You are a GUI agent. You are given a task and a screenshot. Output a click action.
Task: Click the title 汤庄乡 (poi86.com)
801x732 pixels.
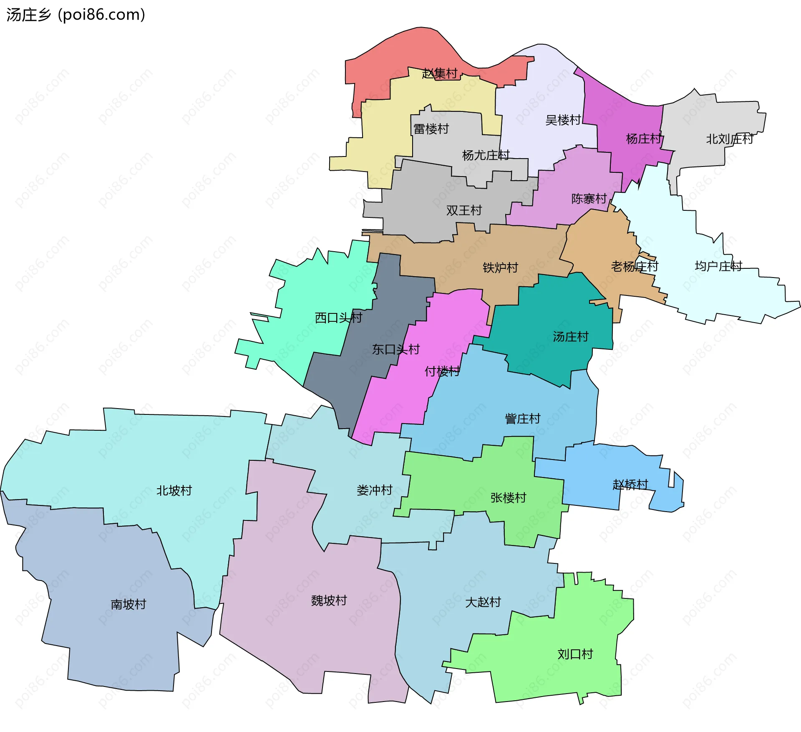[x=76, y=15]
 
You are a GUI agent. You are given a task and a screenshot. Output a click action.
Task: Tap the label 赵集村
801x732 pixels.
[x=440, y=73]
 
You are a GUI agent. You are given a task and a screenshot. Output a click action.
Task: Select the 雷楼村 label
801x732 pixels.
[x=431, y=129]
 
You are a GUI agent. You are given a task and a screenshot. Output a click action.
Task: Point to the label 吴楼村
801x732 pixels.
[x=563, y=120]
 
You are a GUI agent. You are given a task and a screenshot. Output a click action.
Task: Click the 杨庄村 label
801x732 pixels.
[x=644, y=139]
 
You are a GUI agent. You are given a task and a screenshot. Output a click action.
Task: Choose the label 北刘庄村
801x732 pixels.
[x=729, y=139]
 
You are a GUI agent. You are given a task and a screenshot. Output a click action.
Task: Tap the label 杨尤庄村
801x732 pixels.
[x=486, y=155]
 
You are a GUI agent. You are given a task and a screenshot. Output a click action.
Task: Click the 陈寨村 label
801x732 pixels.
[x=589, y=199]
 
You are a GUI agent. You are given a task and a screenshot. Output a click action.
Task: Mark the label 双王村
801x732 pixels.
[x=464, y=210]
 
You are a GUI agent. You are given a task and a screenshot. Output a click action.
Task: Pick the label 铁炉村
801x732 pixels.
[x=500, y=268]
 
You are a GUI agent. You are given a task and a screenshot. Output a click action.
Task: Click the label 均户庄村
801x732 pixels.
[x=718, y=266]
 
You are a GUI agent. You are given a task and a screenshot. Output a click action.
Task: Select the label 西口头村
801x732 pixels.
[x=338, y=318]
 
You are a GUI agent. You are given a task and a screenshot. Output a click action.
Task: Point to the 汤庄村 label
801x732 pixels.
[x=570, y=336]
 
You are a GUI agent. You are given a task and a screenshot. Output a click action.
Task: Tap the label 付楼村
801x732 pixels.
[x=442, y=371]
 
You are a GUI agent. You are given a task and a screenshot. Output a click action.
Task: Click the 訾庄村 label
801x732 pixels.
[x=522, y=419]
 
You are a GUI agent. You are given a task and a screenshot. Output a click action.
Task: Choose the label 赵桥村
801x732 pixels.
[x=630, y=485]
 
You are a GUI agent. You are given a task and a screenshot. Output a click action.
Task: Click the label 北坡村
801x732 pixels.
[x=174, y=490]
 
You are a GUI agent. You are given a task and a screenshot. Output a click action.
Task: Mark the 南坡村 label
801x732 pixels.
[x=128, y=604]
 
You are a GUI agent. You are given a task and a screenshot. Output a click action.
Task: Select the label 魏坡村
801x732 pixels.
[x=329, y=601]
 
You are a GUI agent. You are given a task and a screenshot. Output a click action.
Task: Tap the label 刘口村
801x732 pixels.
[x=575, y=654]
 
